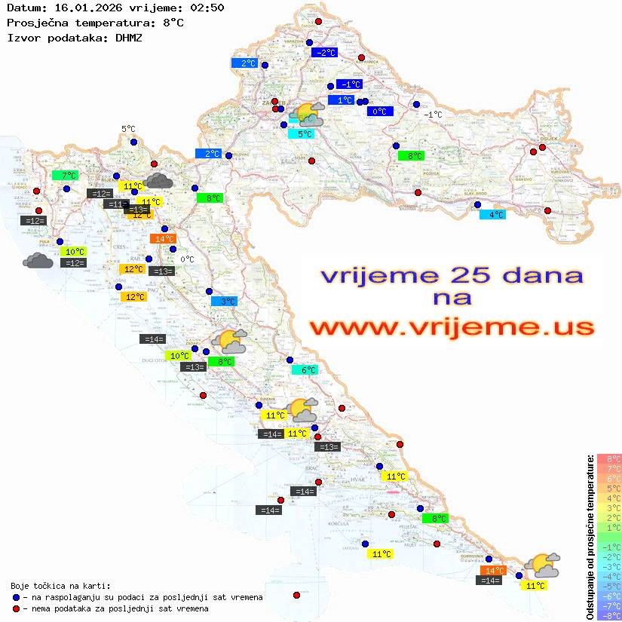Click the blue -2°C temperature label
324,53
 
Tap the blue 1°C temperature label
341,100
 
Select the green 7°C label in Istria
65,176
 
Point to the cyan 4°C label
493,215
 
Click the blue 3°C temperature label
224,302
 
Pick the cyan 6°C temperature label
305,370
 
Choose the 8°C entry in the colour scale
609,458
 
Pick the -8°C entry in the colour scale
609,615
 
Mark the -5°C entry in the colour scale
609,586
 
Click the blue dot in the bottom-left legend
16,597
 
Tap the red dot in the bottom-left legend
16,608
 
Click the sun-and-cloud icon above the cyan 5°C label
308,115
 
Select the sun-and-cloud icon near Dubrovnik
542,565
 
